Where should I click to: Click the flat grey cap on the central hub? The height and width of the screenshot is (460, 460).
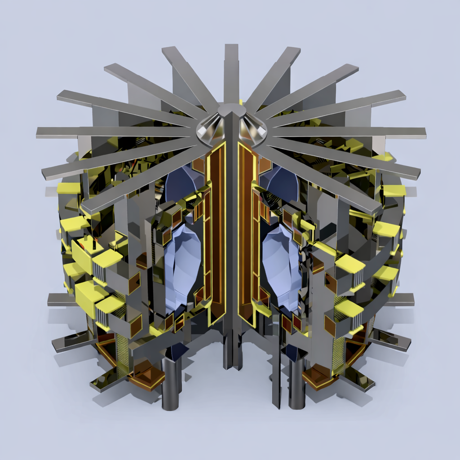(231, 109)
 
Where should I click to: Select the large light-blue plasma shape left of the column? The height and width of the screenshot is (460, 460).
(182, 267)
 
